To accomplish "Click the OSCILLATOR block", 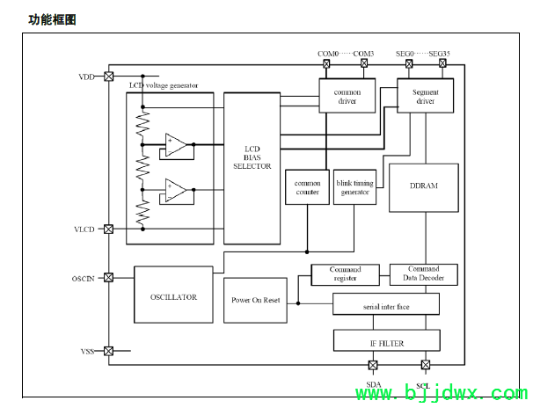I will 173,296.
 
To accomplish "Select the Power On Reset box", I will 255,300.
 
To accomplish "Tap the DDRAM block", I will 423,186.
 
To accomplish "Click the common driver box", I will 347,96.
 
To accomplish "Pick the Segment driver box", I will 426,96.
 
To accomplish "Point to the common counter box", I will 306,186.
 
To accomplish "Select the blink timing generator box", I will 354,186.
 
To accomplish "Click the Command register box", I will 344,274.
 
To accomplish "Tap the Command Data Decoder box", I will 423,274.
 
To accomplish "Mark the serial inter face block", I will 386,304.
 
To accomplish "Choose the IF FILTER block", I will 386,342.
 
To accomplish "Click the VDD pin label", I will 86,77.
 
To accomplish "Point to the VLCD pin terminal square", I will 108,229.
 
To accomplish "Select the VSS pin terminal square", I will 108,351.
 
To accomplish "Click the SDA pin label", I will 373,385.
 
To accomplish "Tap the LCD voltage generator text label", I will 164,85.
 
